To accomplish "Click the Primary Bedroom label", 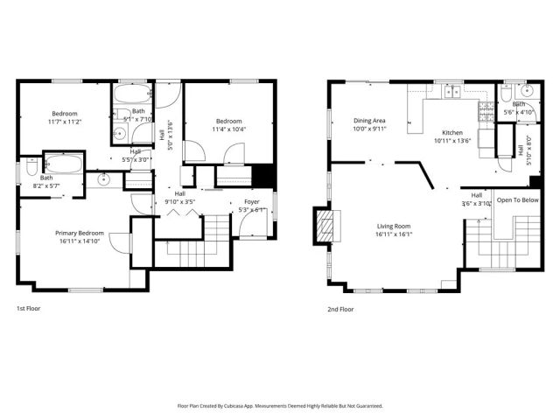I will (x=80, y=233).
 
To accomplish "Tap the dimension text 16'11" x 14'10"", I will (x=80, y=241).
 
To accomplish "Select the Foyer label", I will (x=251, y=201).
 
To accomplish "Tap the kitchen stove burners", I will (x=484, y=109).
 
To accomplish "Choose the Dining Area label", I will (x=369, y=121).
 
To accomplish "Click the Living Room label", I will (x=394, y=226).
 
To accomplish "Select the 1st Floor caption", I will (x=28, y=308).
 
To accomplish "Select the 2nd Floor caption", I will (x=340, y=308).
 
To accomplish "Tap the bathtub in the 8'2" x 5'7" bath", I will (x=63, y=163).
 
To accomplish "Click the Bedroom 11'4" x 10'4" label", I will (x=229, y=121).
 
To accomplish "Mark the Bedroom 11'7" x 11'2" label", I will (x=64, y=114).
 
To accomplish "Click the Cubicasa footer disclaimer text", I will (x=280, y=405).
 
